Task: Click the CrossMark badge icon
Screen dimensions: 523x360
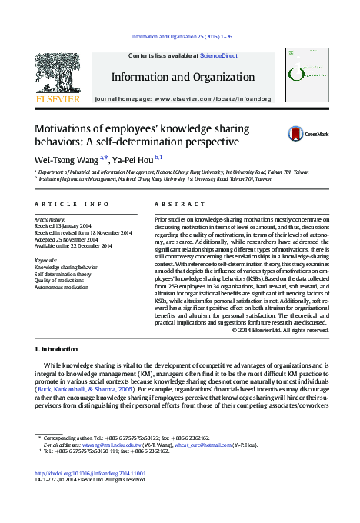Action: coord(296,134)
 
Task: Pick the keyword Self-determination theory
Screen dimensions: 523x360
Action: coord(64,274)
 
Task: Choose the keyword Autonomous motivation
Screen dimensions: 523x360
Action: coord(64,288)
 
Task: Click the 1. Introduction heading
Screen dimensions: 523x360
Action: coord(56,349)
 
